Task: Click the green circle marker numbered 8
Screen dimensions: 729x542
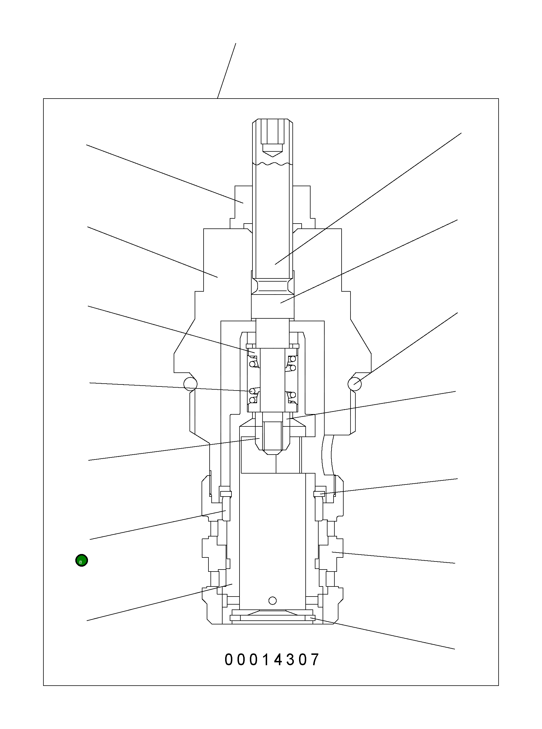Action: click(x=81, y=560)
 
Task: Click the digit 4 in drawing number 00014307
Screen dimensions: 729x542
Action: click(x=278, y=660)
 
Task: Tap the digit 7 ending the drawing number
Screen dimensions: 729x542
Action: click(x=315, y=660)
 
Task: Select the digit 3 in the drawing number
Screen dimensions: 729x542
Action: click(x=291, y=660)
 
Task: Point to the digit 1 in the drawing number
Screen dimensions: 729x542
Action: click(x=266, y=660)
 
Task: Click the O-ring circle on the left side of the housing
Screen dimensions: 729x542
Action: click(x=190, y=384)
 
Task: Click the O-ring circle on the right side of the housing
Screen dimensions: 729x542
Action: click(x=355, y=384)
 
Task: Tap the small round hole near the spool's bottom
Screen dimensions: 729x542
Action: click(x=272, y=601)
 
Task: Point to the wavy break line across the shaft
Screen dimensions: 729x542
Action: click(x=272, y=163)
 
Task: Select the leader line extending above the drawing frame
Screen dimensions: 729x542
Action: click(x=227, y=70)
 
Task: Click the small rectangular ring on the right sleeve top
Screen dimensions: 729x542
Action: click(x=319, y=494)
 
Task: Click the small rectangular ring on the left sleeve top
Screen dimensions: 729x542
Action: click(x=226, y=494)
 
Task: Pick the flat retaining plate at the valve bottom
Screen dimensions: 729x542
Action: click(x=272, y=618)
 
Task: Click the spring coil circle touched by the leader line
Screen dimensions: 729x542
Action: click(x=252, y=391)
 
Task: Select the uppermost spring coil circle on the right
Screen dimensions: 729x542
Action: click(x=293, y=359)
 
